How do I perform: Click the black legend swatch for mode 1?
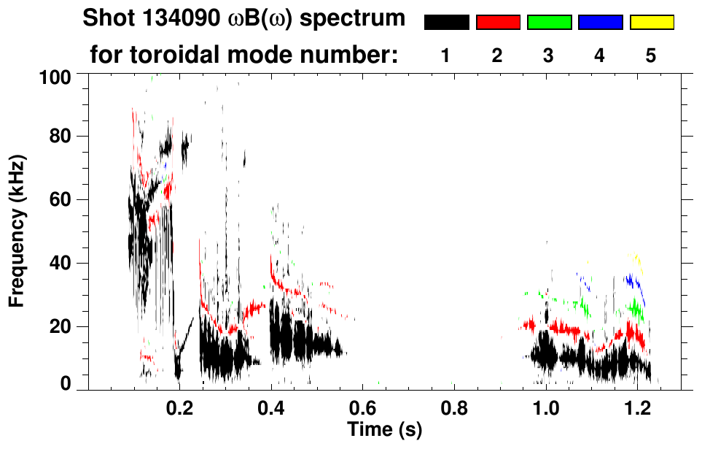click(446, 23)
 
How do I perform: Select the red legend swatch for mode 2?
click(498, 23)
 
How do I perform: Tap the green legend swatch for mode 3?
click(549, 23)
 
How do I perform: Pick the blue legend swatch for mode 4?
click(600, 23)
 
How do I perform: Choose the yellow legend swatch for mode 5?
click(652, 23)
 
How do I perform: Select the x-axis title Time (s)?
click(384, 429)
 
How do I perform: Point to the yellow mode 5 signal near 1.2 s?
click(637, 259)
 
